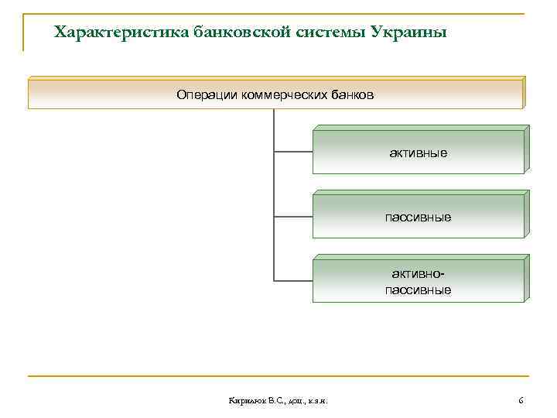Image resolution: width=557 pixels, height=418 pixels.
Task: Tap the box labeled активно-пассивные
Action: click(x=418, y=281)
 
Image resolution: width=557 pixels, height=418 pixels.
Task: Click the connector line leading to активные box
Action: click(x=293, y=152)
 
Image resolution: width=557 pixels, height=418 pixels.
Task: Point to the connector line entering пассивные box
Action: click(x=293, y=216)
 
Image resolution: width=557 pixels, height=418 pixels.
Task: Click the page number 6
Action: click(x=521, y=400)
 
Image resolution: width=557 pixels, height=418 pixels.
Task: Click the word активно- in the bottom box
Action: click(x=418, y=274)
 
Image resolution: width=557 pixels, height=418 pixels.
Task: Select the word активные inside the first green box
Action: click(x=418, y=152)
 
